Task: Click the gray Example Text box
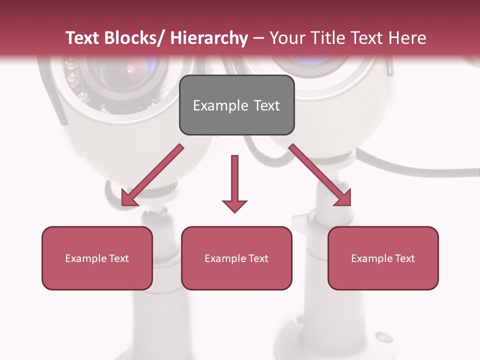[236, 105]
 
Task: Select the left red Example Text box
[97, 258]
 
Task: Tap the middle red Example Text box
[236, 258]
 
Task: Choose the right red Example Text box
[383, 258]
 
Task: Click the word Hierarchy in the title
[209, 38]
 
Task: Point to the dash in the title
[258, 38]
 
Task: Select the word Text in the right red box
[404, 258]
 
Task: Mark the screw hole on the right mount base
[382, 336]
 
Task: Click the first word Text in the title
[81, 38]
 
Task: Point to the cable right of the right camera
[425, 170]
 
